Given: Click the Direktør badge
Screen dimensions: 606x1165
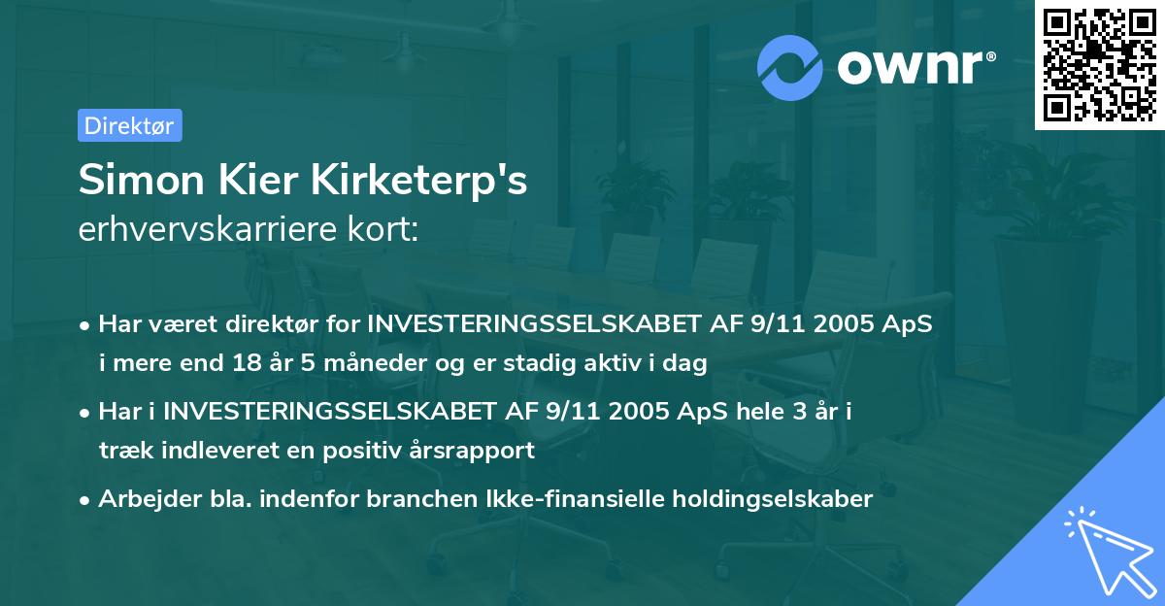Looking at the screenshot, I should (129, 125).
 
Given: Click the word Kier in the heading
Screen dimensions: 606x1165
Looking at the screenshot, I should (276, 182).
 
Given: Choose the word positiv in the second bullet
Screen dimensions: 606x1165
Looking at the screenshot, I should (360, 450).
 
